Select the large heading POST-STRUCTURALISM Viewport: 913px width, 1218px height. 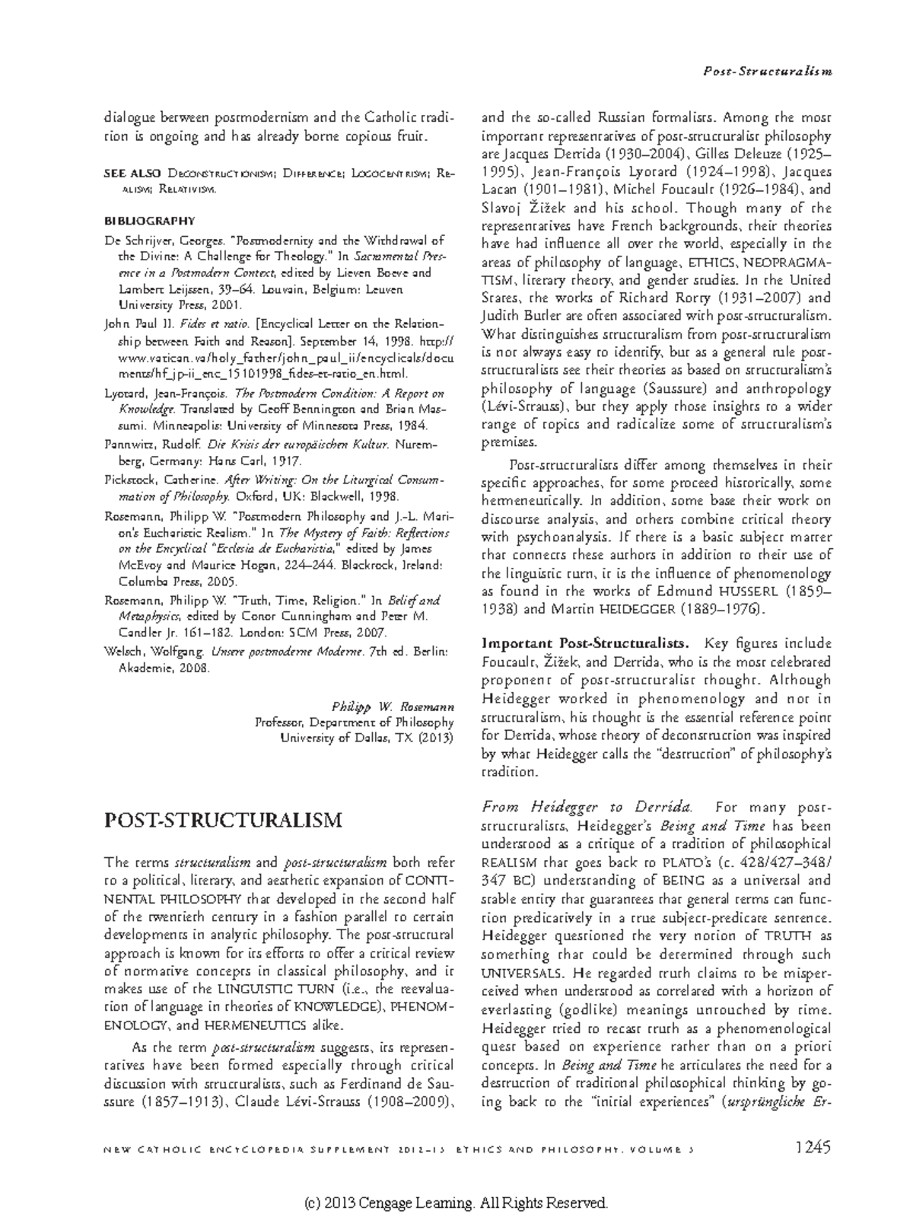[x=222, y=820]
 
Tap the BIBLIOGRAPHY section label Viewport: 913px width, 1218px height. [x=149, y=222]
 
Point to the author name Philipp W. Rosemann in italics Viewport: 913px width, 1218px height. [x=393, y=706]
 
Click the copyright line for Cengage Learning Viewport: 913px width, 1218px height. [x=456, y=1202]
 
